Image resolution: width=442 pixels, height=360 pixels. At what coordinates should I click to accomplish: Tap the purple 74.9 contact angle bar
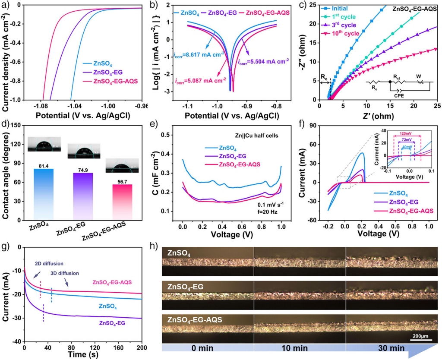[x=79, y=194]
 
